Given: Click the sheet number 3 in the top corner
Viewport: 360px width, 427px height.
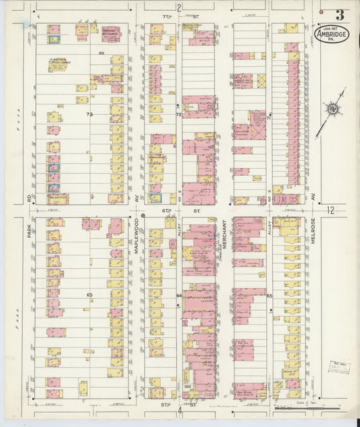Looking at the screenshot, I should pyautogui.click(x=338, y=14).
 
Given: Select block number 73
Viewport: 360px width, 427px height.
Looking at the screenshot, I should pyautogui.click(x=88, y=115).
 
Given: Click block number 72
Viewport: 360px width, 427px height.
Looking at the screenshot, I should pyautogui.click(x=179, y=115).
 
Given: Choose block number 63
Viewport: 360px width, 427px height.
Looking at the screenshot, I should pyautogui.click(x=88, y=295).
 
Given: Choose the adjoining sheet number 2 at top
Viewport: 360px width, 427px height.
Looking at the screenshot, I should pyautogui.click(x=180, y=7).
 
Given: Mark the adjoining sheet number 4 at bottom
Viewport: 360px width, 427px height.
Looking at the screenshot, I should pyautogui.click(x=180, y=409).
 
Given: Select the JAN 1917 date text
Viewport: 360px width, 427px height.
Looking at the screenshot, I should pyautogui.click(x=332, y=28).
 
